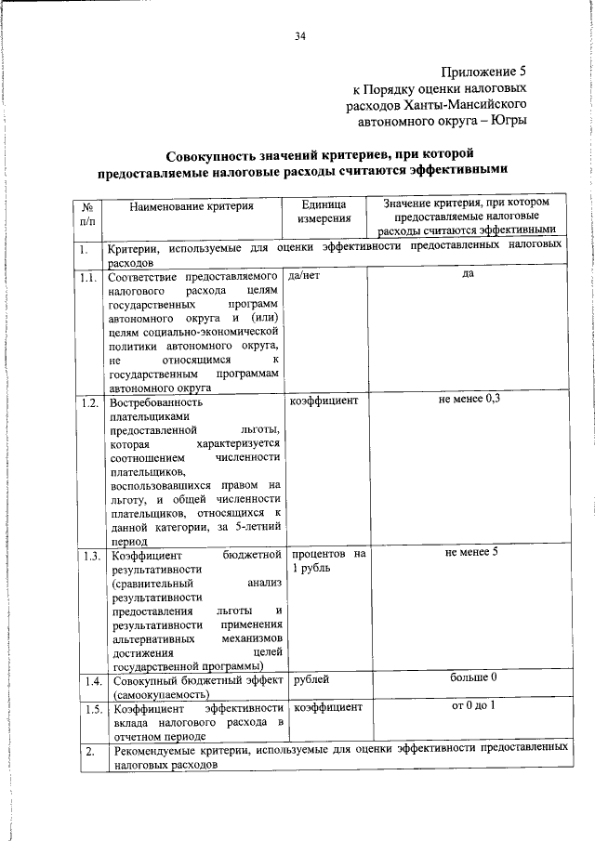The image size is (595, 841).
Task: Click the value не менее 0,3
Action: coord(468,400)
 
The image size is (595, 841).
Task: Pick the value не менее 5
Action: coord(468,553)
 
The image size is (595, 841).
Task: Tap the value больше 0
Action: coord(468,677)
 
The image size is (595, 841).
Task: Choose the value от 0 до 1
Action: coord(468,705)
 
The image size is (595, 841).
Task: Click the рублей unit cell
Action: coord(311,679)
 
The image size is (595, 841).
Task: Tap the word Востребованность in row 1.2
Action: coord(156,403)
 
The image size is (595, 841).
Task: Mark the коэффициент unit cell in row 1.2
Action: coord(324,401)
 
